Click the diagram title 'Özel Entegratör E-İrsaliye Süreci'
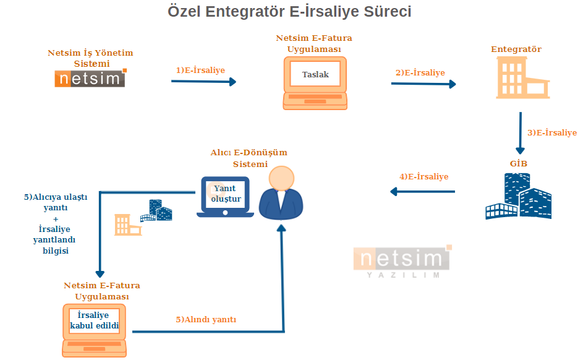pos(289,11)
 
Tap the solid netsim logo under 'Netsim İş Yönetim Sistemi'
pos(91,78)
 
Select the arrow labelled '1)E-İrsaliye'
pos(204,82)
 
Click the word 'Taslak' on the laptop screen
pos(315,74)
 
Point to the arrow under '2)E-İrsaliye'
pos(423,84)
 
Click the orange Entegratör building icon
pos(523,77)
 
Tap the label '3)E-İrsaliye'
pos(551,133)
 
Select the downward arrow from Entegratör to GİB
pos(520,133)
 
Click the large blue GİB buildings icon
pos(518,195)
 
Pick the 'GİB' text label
pos(518,163)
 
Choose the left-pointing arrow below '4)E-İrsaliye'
pos(422,192)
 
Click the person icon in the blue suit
pos(281,192)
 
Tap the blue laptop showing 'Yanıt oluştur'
pos(225,197)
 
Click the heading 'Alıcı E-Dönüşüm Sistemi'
pos(249,158)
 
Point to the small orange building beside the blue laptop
pos(127,225)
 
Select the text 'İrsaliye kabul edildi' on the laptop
pos(94,320)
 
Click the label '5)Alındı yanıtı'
pos(206,319)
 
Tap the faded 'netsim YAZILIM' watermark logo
pos(402,262)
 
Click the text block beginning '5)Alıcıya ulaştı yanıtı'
pos(56,223)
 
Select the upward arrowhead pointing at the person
pos(281,228)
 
